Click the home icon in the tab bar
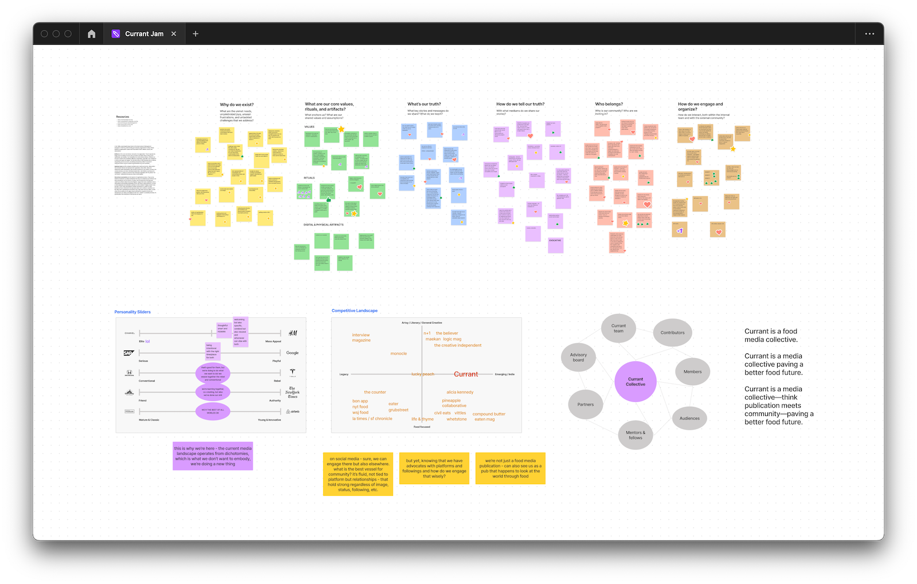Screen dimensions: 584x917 91,34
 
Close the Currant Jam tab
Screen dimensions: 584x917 174,34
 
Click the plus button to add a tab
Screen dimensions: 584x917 195,34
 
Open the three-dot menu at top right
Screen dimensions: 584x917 869,34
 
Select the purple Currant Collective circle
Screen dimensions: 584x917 635,381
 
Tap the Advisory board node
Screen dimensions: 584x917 578,357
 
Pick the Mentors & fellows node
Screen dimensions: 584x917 635,435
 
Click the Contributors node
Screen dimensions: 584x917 672,333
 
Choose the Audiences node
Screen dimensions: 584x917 689,418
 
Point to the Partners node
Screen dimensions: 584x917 586,404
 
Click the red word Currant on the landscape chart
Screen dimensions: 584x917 466,374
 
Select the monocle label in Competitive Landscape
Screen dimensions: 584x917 398,353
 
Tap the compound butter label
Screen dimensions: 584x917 489,414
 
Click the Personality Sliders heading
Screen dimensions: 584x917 132,312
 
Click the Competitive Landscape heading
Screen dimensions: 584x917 354,311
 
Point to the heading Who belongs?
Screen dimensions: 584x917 609,104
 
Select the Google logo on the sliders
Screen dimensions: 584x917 292,353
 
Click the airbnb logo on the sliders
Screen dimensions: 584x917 292,411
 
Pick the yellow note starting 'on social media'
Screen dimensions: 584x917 358,474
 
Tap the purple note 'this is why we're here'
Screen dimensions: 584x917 213,456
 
